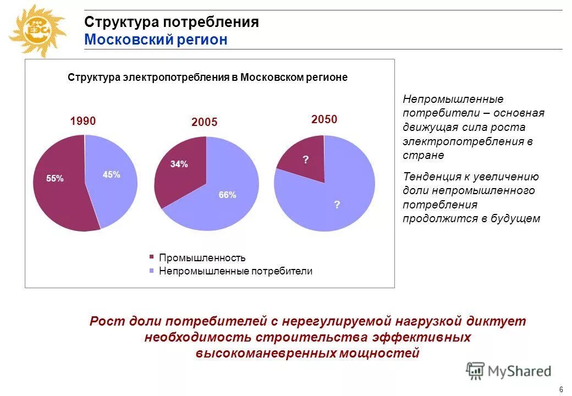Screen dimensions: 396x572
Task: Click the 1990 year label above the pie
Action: click(x=83, y=121)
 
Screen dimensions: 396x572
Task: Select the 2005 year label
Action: click(x=205, y=123)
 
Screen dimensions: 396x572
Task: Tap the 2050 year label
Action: click(x=324, y=119)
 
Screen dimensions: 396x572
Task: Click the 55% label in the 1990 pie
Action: click(x=55, y=178)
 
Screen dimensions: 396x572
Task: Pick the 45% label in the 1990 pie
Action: click(x=111, y=174)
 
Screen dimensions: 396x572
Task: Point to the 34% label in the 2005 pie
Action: click(x=179, y=164)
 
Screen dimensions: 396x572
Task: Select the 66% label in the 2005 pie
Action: click(x=227, y=195)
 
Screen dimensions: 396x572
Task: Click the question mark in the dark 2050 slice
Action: click(x=306, y=160)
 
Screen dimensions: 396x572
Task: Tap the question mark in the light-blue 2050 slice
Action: click(x=337, y=205)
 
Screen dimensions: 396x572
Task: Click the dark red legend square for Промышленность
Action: click(x=152, y=257)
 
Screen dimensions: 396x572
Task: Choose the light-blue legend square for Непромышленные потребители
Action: click(x=152, y=271)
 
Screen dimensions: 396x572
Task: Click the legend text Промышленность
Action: click(x=202, y=257)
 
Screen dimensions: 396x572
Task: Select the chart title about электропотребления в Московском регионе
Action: click(x=207, y=78)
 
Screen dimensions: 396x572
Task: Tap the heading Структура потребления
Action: click(x=172, y=23)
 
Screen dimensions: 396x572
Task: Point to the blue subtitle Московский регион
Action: click(x=156, y=40)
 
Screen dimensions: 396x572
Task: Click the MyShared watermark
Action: click(x=509, y=371)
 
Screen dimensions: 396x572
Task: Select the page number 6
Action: click(x=560, y=389)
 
